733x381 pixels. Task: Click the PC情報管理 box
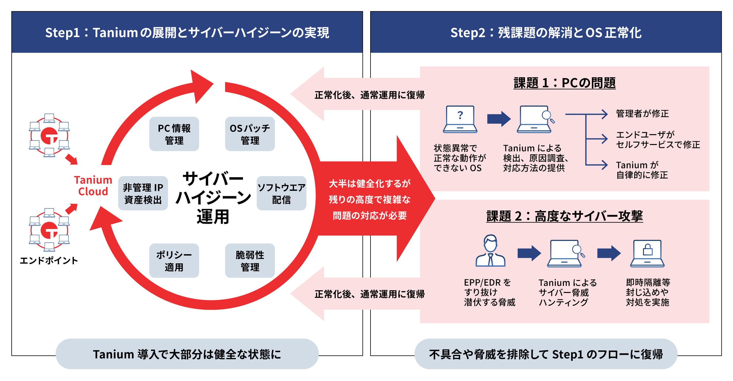point(174,134)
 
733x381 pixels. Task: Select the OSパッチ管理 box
point(250,134)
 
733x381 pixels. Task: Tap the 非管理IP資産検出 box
point(143,193)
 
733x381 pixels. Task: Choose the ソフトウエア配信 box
point(281,193)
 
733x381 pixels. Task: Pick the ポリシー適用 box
point(174,261)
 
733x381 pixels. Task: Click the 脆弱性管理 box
point(250,261)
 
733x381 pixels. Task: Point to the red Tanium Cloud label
point(93,186)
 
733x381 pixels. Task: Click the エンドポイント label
point(49,260)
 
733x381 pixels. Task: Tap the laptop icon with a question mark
point(460,119)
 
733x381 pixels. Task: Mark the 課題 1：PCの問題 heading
point(565,83)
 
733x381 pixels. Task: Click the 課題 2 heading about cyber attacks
point(565,216)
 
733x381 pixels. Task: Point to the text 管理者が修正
point(642,113)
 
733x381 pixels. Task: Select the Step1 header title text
point(187,33)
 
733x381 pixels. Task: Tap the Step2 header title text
point(546,33)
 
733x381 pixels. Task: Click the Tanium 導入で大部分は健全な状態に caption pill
point(187,354)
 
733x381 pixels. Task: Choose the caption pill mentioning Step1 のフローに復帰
point(546,354)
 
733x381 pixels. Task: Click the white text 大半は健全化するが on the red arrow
point(370,184)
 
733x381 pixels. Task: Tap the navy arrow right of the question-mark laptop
point(499,119)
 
